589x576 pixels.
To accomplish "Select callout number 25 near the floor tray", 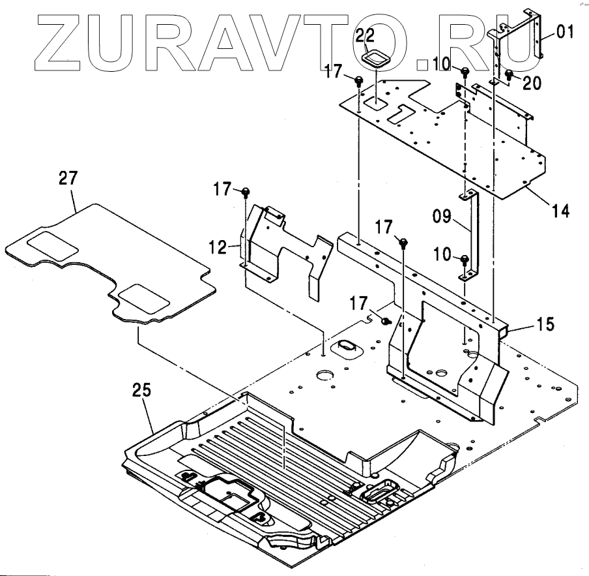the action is coord(141,390).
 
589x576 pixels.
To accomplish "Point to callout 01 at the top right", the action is coord(565,31).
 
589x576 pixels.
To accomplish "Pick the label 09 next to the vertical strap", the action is coord(443,216).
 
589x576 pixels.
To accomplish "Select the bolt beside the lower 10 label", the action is coord(465,260).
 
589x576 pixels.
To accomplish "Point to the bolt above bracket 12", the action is coord(246,191).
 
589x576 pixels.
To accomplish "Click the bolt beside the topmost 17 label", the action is coord(359,80).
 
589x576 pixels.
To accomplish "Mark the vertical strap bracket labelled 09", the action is coord(472,235).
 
